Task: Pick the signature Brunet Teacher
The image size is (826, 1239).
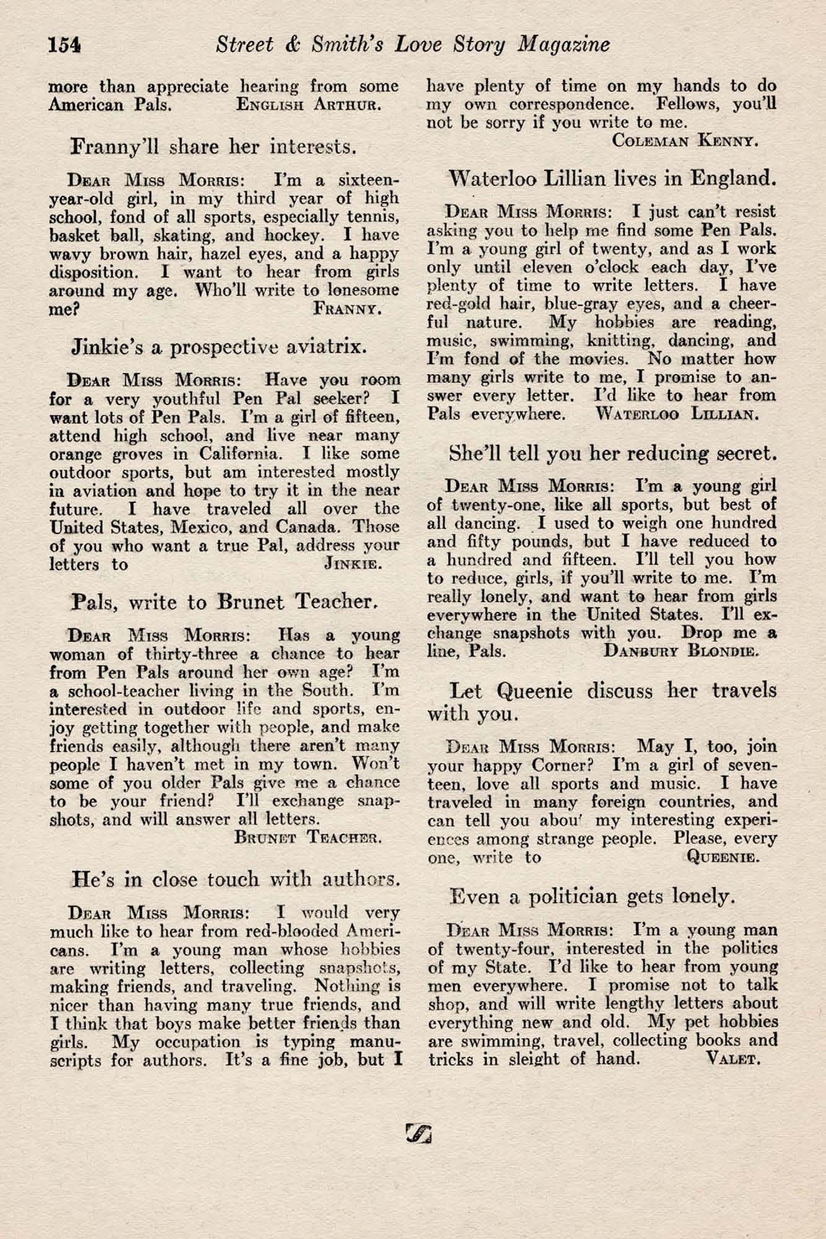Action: point(308,838)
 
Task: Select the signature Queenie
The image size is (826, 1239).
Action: point(723,857)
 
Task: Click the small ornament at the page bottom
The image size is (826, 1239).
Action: point(419,1132)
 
